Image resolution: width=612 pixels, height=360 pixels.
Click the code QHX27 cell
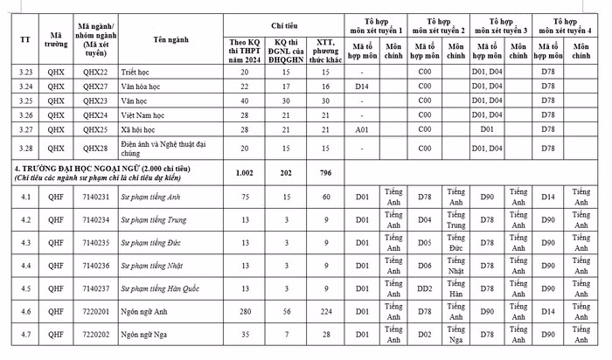(x=94, y=87)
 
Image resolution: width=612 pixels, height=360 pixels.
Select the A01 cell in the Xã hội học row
(x=364, y=129)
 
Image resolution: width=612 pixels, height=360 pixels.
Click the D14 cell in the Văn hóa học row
(x=364, y=87)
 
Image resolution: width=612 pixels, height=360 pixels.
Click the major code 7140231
(x=94, y=197)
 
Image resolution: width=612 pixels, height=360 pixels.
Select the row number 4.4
(x=24, y=265)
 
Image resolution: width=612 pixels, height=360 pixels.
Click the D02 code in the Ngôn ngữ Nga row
(x=424, y=333)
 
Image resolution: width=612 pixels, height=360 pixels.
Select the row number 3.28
(x=24, y=149)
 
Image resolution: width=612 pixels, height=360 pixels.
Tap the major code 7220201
(x=94, y=310)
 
